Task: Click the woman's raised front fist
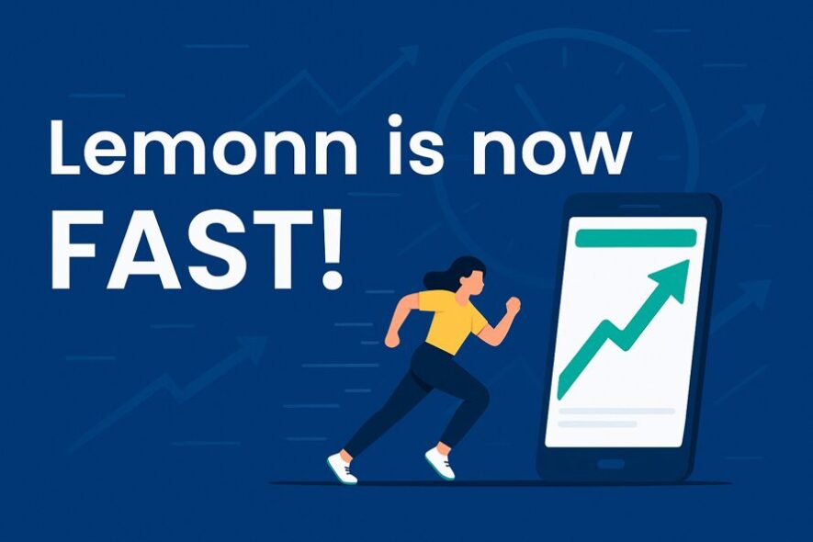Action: click(x=513, y=305)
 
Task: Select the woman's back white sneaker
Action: click(x=343, y=467)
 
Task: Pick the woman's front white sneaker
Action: click(x=440, y=463)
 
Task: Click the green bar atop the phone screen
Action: click(x=636, y=238)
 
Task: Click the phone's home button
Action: click(x=612, y=463)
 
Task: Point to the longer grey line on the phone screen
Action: click(x=616, y=411)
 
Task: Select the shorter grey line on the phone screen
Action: click(x=597, y=423)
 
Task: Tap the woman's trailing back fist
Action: click(x=392, y=339)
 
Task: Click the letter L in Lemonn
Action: click(x=66, y=148)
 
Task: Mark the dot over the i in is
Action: click(x=395, y=120)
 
